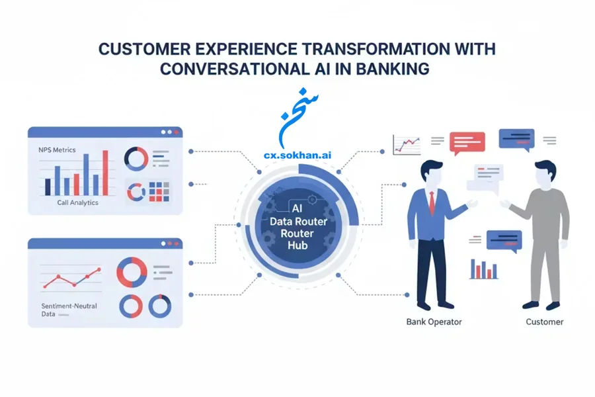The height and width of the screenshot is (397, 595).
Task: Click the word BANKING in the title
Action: point(392,69)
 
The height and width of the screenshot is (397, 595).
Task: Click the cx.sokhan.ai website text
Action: point(297,155)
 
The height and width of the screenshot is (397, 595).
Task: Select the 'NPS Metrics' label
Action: point(57,150)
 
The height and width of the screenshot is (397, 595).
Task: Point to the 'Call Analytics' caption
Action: point(77,202)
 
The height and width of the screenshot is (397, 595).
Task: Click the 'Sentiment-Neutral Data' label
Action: point(69,310)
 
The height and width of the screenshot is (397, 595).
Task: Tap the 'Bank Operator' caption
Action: point(434,322)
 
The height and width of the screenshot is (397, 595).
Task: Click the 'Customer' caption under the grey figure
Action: point(545,322)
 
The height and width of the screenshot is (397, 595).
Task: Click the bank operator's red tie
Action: point(432,203)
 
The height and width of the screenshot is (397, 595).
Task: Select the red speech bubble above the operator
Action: point(467,143)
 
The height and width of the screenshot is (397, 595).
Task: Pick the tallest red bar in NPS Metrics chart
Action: point(105,173)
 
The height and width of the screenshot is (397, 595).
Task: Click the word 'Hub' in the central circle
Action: point(297,245)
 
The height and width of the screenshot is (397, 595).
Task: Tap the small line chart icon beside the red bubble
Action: point(407,145)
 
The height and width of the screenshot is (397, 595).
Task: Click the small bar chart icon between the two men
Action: point(484,269)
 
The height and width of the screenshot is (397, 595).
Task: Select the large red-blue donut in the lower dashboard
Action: point(132,273)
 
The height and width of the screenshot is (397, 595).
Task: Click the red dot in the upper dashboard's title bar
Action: point(176,132)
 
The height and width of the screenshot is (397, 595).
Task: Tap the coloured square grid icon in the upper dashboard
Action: point(159,191)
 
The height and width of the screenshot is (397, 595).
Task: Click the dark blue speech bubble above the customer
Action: point(516,140)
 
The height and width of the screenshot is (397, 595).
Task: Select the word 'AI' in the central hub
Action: point(297,208)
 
